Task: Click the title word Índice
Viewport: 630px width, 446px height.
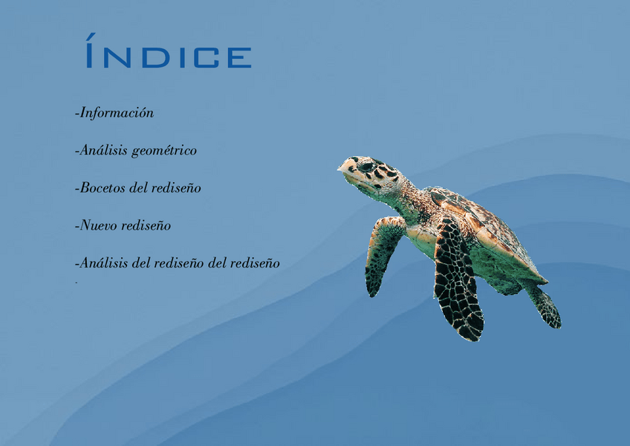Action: coord(169,51)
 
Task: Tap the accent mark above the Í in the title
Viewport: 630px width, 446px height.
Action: coord(91,36)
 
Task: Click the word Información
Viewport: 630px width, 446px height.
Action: coord(117,112)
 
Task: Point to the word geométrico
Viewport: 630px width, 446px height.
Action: coord(164,151)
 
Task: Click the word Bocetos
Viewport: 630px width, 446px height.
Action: coord(103,187)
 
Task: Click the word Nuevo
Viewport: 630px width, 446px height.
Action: coord(98,225)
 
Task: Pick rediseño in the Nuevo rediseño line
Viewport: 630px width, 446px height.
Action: coord(146,225)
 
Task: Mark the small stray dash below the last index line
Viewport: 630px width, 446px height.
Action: coord(76,283)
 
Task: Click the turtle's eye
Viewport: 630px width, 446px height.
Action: coord(366,166)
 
